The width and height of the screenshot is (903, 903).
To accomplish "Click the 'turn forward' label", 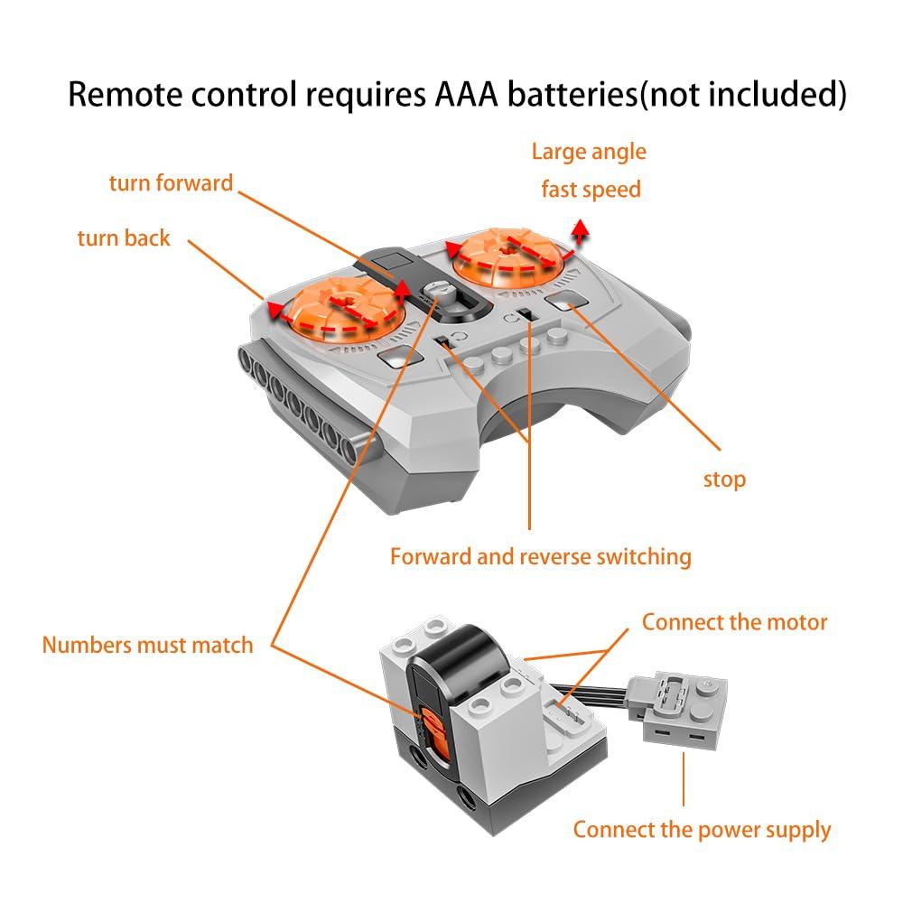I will pyautogui.click(x=171, y=183).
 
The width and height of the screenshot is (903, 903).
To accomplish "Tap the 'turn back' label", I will pyautogui.click(x=124, y=238).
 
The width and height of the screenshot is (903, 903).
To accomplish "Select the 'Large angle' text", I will pyautogui.click(x=589, y=152).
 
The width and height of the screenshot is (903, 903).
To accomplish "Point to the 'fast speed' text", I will pyautogui.click(x=591, y=190).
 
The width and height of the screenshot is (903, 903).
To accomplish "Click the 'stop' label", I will pyautogui.click(x=724, y=479).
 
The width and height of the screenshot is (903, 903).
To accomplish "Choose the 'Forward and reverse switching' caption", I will pyautogui.click(x=540, y=556).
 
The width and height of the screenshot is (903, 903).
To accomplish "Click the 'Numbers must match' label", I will pyautogui.click(x=148, y=645).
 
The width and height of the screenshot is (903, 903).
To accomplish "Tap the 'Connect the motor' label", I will pyautogui.click(x=734, y=622).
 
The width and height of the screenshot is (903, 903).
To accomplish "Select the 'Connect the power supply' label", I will pyautogui.click(x=702, y=830).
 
